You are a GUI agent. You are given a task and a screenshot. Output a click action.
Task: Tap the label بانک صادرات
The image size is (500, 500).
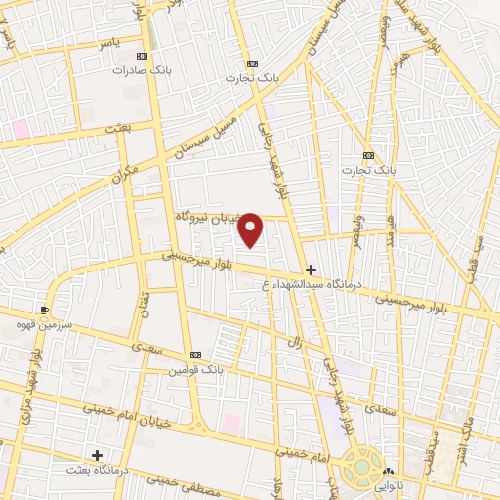134,70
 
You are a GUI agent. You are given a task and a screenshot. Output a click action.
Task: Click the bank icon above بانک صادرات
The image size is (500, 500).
144,56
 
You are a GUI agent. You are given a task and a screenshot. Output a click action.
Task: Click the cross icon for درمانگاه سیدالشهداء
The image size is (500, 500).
311,270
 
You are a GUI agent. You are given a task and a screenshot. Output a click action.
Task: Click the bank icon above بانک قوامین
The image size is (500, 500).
195,354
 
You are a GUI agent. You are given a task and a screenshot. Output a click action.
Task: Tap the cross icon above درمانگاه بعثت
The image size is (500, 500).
97,455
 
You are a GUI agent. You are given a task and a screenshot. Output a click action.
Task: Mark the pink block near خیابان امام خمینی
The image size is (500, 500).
231,423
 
